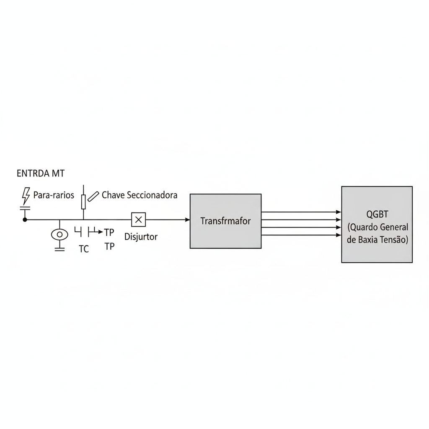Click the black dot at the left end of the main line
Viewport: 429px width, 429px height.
pyautogui.click(x=25, y=220)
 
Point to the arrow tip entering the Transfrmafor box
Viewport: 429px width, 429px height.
pyautogui.click(x=190, y=220)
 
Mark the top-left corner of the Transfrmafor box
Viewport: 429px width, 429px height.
pyautogui.click(x=190, y=194)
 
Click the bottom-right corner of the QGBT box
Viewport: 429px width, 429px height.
pyautogui.click(x=412, y=263)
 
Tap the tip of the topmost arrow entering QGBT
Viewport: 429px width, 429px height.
pyautogui.click(x=341, y=212)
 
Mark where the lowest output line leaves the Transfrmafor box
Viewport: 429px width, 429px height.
pyautogui.click(x=261, y=235)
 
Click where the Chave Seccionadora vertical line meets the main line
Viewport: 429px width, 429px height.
pyautogui.click(x=83, y=220)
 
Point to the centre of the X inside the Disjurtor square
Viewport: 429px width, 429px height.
pyautogui.click(x=138, y=220)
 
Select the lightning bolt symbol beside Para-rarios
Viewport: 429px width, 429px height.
pyautogui.click(x=26, y=196)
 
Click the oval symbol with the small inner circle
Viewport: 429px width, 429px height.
pyautogui.click(x=59, y=235)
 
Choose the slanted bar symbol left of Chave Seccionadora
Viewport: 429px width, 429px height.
pyautogui.click(x=93, y=197)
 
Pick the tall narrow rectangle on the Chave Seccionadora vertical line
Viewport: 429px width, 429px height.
pyautogui.click(x=83, y=202)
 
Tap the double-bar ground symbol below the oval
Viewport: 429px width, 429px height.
pyautogui.click(x=59, y=249)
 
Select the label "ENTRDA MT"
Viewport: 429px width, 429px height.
pyautogui.click(x=41, y=173)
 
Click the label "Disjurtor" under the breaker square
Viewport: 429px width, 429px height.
pyautogui.click(x=141, y=237)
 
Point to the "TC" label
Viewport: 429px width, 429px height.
pyautogui.click(x=84, y=249)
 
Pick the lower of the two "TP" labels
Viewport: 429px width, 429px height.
pyautogui.click(x=109, y=246)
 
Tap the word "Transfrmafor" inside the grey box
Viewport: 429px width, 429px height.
pyautogui.click(x=225, y=221)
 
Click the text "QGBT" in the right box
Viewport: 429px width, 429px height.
pyautogui.click(x=377, y=214)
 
